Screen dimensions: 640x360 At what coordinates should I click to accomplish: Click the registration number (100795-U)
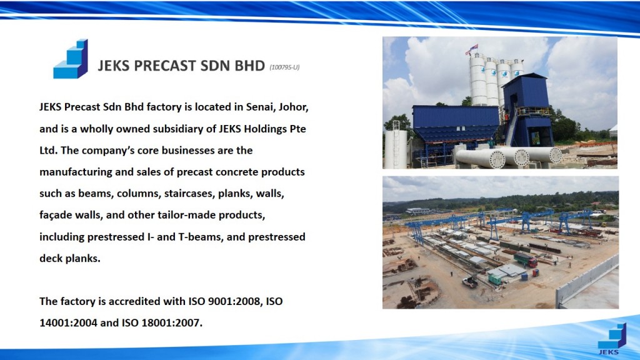[284, 67]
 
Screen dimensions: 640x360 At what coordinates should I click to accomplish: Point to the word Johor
[294, 107]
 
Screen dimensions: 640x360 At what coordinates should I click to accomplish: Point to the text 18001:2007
[172, 323]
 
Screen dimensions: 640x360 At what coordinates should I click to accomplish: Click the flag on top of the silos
[472, 49]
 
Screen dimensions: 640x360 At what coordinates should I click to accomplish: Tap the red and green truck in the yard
[525, 259]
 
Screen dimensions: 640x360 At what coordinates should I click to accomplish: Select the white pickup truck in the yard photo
[470, 281]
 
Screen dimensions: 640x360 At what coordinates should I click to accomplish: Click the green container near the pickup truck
[495, 279]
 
